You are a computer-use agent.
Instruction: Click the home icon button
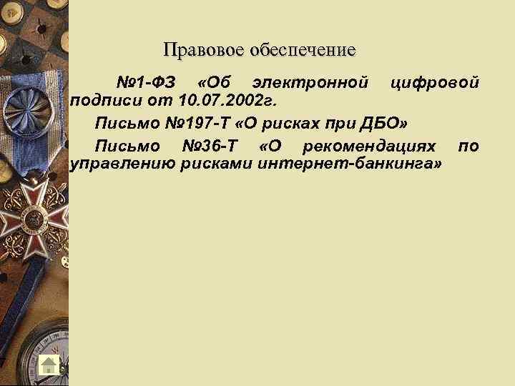tap(49, 364)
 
